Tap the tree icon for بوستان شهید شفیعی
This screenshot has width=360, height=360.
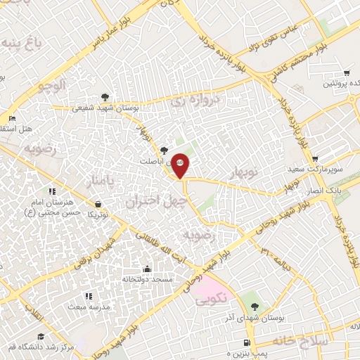tap(105, 96)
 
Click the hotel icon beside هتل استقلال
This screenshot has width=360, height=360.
tap(11, 118)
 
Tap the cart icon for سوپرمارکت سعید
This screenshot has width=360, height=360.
tap(314, 159)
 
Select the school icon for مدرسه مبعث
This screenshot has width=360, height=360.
tap(88, 296)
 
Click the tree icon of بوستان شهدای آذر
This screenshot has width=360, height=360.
tap(255, 307)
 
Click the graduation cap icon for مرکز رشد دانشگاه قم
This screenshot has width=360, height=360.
tap(40, 337)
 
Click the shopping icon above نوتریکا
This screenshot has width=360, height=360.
tap(97, 204)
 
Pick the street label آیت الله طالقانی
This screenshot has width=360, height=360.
tap(153, 247)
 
